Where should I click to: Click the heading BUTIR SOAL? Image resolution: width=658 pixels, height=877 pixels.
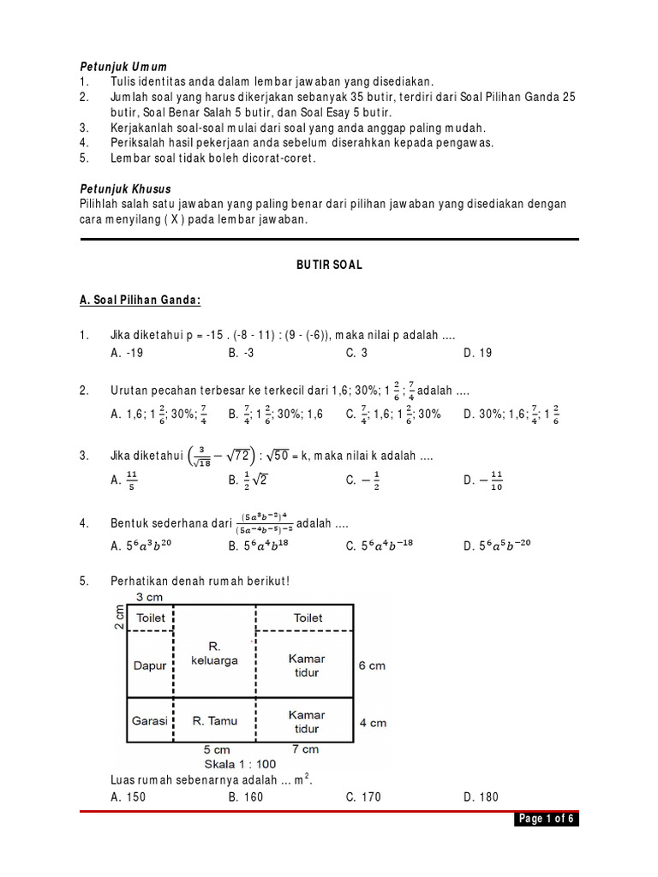coord(329,265)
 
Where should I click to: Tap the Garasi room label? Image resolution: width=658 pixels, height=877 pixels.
coord(149,721)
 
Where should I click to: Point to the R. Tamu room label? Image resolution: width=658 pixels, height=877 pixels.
coord(213,721)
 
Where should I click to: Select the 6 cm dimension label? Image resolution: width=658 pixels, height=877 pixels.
coord(372,665)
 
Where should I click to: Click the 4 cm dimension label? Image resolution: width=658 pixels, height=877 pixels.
coord(372,722)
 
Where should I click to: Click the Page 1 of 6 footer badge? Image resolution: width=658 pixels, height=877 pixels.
coord(546,820)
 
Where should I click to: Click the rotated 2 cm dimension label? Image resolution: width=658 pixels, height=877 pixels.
coord(121,617)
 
